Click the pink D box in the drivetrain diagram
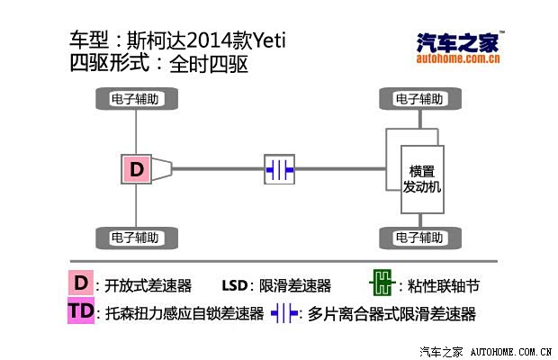[x=137, y=169]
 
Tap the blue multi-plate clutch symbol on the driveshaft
[x=279, y=169]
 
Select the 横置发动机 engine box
[x=422, y=179]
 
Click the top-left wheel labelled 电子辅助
[x=137, y=98]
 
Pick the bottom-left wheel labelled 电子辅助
[x=137, y=238]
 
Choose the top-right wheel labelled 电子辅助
[x=420, y=98]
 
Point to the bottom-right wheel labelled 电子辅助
[x=420, y=238]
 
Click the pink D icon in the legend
[x=81, y=283]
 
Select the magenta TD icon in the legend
[x=81, y=310]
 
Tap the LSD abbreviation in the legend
[x=235, y=285]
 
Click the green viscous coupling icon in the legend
[x=382, y=283]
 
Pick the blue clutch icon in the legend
[x=284, y=313]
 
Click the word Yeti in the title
[x=269, y=40]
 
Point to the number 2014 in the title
[x=209, y=40]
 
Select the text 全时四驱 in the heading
[x=209, y=65]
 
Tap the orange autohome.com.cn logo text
[x=458, y=58]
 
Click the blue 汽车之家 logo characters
[x=458, y=42]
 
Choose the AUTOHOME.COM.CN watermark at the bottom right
[x=511, y=352]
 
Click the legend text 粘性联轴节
[x=444, y=285]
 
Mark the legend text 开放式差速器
[x=148, y=285]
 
